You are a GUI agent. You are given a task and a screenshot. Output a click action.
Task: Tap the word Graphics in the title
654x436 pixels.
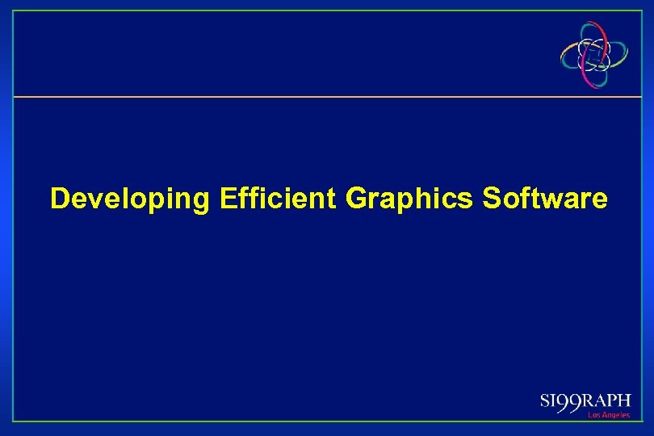tap(409, 199)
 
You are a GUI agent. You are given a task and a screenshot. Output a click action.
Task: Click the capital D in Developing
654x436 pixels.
tap(60, 197)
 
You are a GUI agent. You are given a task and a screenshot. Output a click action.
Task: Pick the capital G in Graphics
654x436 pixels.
tap(355, 197)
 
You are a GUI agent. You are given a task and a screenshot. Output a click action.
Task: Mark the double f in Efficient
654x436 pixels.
tap(241, 197)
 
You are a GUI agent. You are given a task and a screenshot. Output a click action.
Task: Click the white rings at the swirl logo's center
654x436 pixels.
tap(596, 55)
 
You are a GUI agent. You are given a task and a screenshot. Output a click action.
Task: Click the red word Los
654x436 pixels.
tap(593, 415)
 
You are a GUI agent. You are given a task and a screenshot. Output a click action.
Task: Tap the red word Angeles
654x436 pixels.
tap(615, 415)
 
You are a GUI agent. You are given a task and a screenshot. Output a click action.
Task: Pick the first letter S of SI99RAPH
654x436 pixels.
tap(544, 402)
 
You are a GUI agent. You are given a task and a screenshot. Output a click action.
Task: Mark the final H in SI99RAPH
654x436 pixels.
tap(625, 401)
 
